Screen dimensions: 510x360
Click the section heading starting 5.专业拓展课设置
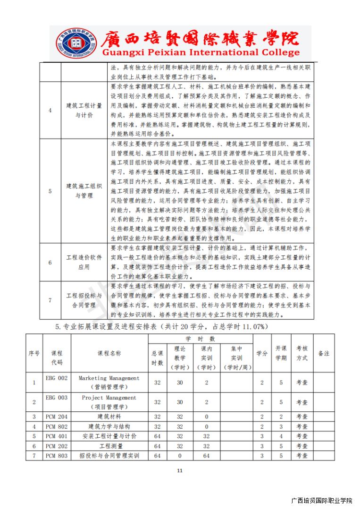pos(162,326)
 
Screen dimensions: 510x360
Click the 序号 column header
pos(34,353)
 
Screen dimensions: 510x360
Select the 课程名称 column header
pos(109,353)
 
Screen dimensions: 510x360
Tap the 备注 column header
pos(324,353)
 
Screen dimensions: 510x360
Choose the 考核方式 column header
pos(301,353)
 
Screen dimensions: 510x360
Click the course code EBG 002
pos(57,378)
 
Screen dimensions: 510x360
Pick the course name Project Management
pos(109,398)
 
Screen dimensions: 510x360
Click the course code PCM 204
pos(57,416)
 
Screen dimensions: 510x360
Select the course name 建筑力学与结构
pos(109,426)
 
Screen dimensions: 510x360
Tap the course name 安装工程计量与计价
pos(109,436)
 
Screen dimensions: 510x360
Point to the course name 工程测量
pos(109,446)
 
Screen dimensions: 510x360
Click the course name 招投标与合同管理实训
pos(109,456)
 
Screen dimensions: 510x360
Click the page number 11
pos(179,470)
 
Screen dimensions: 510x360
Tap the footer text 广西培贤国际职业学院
pos(322,501)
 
